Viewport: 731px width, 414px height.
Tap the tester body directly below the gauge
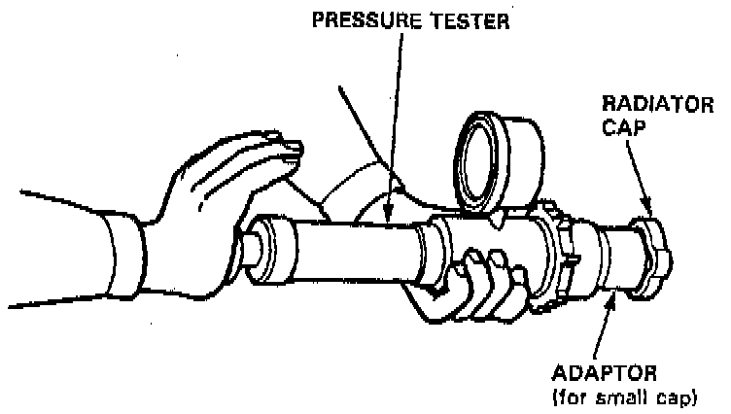486,238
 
